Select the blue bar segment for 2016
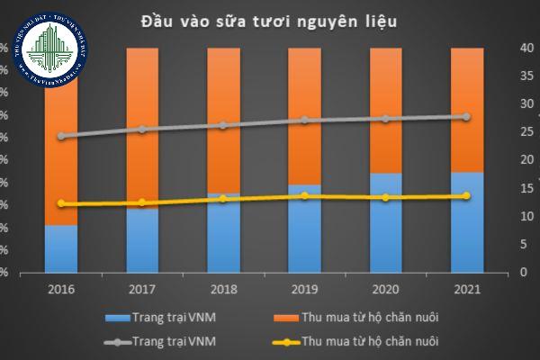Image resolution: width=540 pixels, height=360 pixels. (61, 248)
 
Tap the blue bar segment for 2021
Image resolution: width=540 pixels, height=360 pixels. (466, 221)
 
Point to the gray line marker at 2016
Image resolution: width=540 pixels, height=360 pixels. (61, 136)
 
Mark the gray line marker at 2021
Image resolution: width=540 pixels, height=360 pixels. (466, 117)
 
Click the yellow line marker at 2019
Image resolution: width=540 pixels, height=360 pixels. (304, 195)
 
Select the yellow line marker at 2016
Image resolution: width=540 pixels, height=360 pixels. (61, 203)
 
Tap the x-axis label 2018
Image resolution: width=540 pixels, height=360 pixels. (223, 290)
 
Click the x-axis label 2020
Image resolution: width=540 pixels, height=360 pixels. (385, 290)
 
